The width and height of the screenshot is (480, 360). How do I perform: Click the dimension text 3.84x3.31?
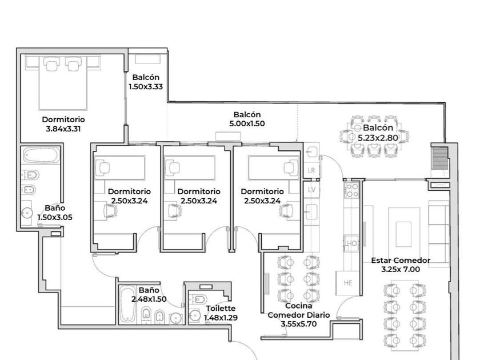63,129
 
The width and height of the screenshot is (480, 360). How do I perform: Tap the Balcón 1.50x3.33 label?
146,82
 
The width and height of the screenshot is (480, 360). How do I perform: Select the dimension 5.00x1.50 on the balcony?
247,123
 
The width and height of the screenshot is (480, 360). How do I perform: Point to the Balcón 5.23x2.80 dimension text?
378,138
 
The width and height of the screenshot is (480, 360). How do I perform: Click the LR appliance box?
311,170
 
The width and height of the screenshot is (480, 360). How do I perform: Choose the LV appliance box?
311,190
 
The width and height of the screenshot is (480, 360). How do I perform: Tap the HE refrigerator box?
348,283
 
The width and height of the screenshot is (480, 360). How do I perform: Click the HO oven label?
352,243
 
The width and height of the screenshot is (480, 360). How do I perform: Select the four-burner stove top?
351,190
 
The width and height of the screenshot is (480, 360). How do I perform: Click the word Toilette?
221,309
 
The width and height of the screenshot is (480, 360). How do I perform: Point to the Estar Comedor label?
401,261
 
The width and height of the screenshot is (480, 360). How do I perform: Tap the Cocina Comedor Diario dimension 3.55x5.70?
299,324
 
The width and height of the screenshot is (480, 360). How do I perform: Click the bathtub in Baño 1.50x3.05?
42,155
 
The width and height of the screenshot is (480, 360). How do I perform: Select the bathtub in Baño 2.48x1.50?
128,305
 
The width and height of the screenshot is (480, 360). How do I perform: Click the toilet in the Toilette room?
198,299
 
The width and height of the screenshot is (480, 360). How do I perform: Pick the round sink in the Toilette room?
195,315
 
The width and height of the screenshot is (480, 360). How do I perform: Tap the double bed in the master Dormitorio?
63,83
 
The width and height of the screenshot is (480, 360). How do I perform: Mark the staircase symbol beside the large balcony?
439,158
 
